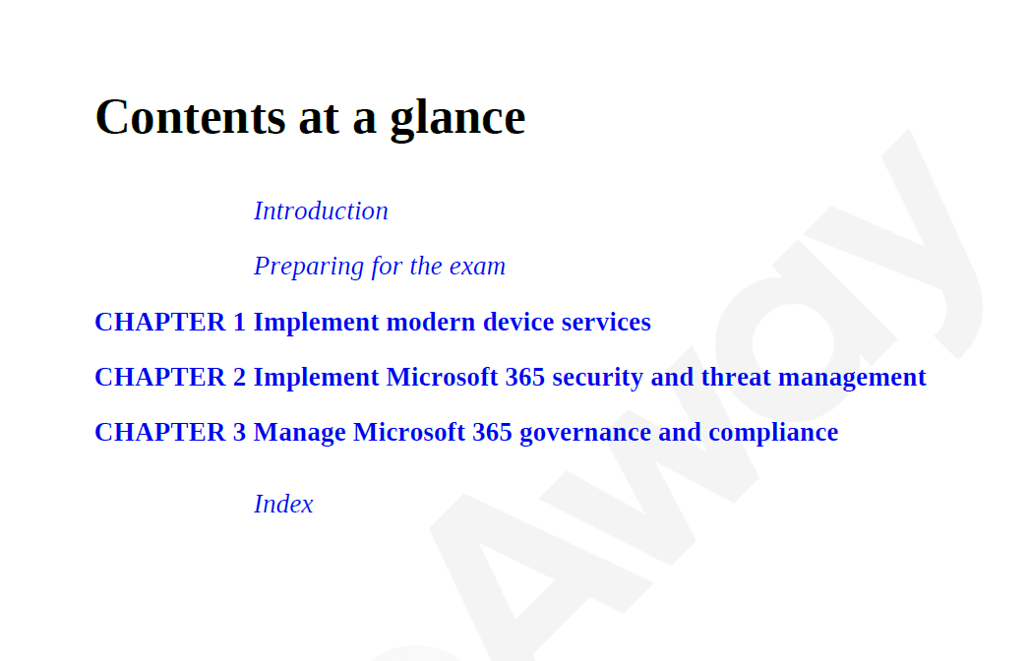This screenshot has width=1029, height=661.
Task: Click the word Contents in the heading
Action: (190, 117)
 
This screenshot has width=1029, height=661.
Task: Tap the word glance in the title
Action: (458, 119)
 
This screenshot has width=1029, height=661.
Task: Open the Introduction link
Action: (321, 210)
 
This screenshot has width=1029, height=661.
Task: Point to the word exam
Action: (478, 267)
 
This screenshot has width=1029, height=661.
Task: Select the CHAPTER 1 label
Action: (170, 322)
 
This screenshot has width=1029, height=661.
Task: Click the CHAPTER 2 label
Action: (170, 377)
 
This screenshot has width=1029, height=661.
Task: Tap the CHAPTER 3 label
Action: (170, 432)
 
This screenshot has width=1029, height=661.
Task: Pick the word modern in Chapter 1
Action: (431, 323)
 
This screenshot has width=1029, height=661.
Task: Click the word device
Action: (518, 323)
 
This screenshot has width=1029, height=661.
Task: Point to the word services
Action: (606, 323)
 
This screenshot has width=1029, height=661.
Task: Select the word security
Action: (598, 378)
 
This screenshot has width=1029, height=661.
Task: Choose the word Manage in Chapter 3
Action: (299, 433)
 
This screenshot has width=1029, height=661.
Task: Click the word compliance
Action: (773, 433)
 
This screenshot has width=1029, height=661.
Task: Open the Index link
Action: (283, 504)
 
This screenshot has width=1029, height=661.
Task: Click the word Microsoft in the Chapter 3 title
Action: (409, 433)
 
